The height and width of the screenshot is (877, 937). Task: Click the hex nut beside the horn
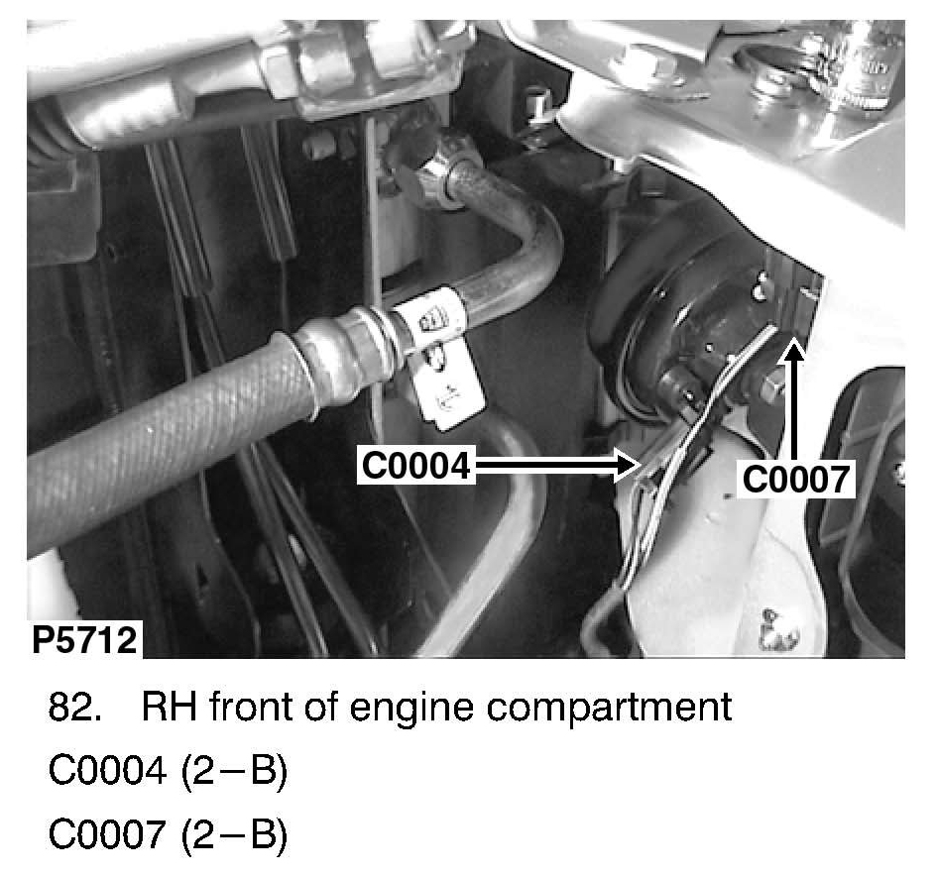[x=772, y=387]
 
